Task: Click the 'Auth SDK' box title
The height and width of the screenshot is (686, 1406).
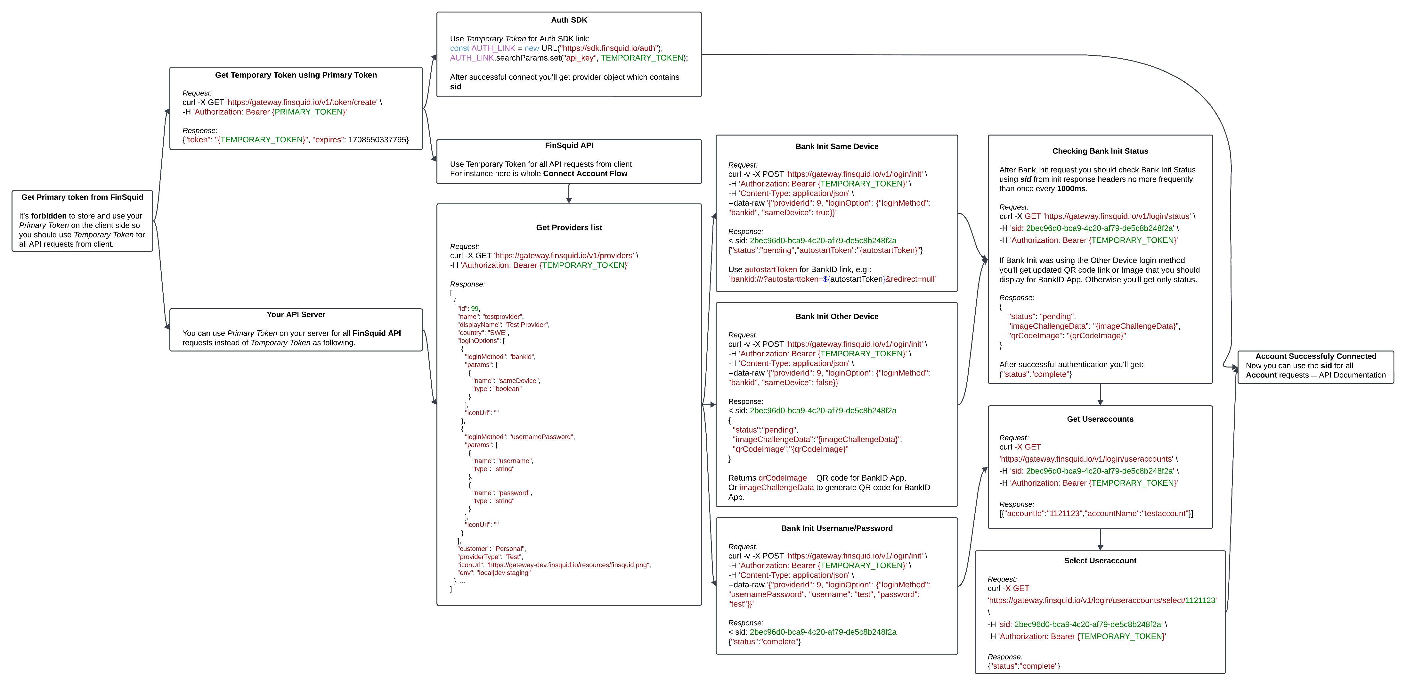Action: [569, 20]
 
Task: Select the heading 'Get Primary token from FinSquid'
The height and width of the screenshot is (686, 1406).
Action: [82, 197]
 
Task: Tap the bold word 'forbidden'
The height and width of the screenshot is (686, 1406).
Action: [49, 216]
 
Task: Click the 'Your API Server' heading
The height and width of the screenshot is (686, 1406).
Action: [296, 315]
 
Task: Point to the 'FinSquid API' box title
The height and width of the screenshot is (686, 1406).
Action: [569, 145]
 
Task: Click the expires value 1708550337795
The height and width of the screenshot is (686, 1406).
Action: [378, 140]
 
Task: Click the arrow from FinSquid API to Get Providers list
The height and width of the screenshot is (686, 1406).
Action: [569, 193]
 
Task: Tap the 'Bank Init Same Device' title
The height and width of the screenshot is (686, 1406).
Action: [837, 146]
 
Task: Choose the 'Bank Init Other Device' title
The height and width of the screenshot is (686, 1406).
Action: [837, 316]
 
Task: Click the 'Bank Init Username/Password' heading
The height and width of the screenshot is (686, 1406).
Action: [837, 528]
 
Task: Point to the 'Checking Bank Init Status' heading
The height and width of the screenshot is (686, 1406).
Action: [1100, 151]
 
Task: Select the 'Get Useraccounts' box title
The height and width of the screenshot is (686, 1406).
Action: [1100, 419]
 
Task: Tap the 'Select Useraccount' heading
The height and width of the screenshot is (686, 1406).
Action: [1100, 560]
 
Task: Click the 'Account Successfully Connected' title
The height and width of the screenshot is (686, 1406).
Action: [1315, 356]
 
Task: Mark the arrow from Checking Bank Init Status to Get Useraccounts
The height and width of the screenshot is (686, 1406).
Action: [1100, 394]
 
